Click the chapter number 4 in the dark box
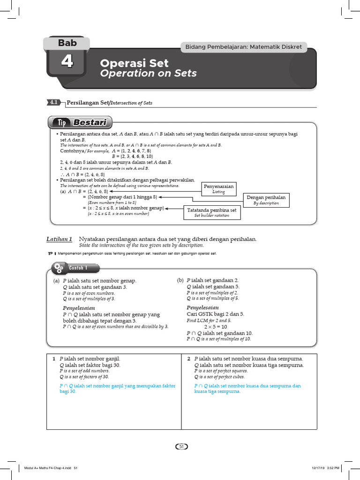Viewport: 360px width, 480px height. (67, 62)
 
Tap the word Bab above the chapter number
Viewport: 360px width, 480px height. (67, 44)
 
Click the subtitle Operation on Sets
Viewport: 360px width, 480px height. (148, 74)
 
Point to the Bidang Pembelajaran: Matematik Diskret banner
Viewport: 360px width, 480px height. (243, 47)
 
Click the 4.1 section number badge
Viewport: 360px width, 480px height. (54, 102)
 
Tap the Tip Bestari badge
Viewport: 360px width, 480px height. (80, 123)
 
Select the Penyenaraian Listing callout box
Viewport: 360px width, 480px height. (218, 188)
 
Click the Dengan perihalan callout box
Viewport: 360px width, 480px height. (265, 201)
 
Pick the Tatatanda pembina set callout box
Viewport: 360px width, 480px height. (211, 213)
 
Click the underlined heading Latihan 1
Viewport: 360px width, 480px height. (59, 239)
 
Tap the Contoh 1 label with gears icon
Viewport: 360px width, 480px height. (76, 268)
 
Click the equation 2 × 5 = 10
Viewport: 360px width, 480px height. (215, 326)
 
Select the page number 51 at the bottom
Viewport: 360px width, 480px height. (180, 447)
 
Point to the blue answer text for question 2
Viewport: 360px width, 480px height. (247, 389)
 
